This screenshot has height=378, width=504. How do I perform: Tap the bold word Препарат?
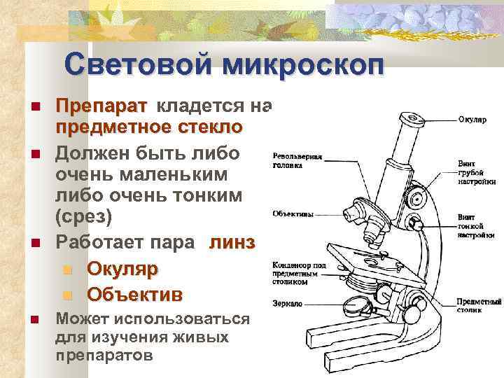101,106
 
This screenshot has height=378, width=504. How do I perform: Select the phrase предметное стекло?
149,129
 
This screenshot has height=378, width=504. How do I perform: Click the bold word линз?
232,242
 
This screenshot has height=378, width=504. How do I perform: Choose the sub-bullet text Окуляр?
122,269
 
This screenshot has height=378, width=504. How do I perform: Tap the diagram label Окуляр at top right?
472,120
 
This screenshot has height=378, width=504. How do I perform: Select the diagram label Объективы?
293,213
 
